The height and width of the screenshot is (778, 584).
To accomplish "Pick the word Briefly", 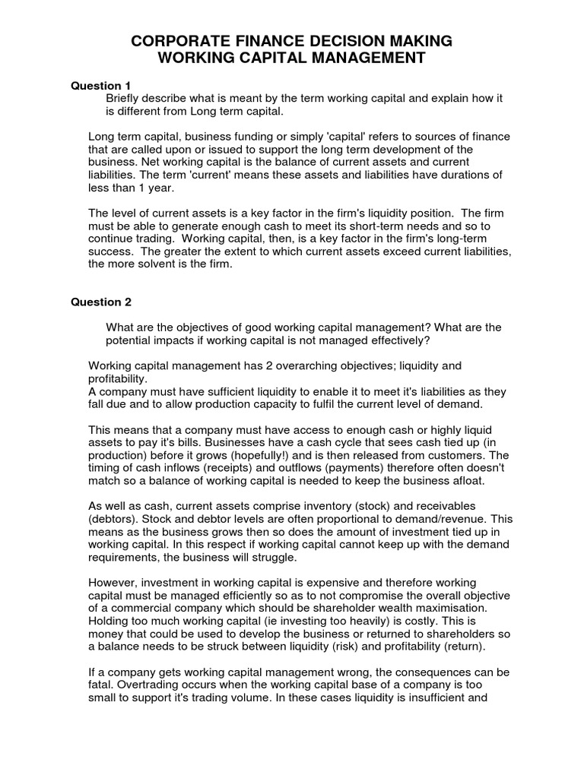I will pyautogui.click(x=125, y=99).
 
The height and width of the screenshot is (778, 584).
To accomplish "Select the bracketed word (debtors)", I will pyautogui.click(x=113, y=520).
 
